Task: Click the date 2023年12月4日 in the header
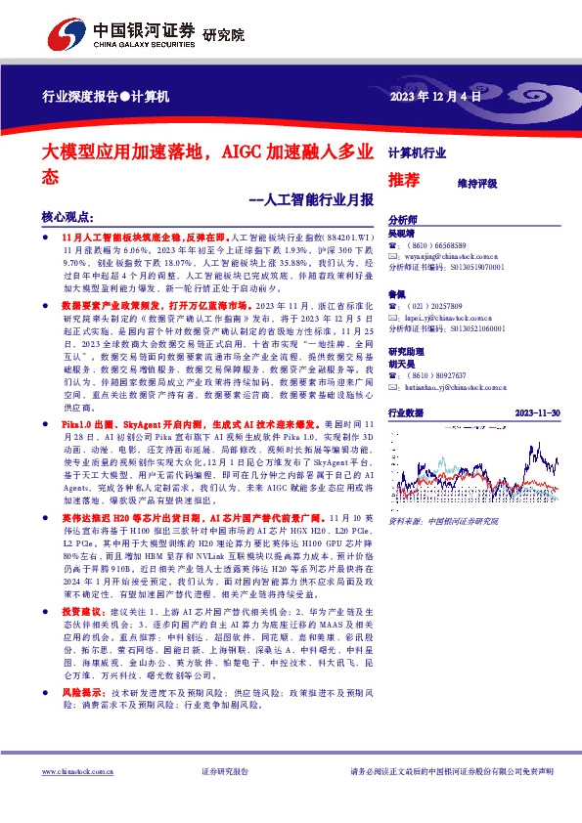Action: (x=436, y=96)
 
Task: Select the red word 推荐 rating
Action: (x=404, y=180)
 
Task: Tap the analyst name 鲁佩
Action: (x=397, y=294)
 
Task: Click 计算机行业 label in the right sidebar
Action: (x=417, y=152)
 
